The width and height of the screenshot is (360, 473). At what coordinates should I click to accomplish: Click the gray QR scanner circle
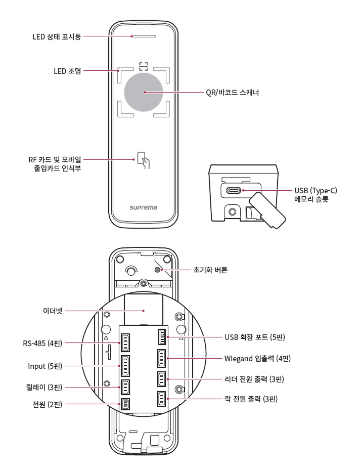(x=144, y=92)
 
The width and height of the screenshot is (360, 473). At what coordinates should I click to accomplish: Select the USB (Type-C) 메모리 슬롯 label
(x=316, y=195)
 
